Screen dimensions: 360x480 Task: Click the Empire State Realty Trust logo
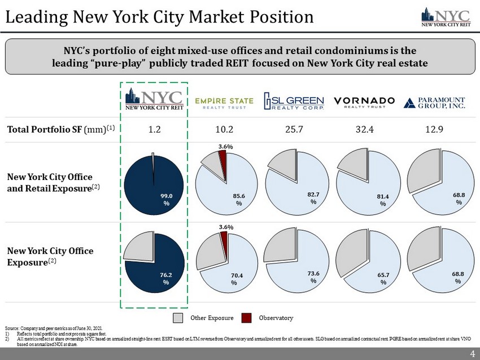[x=224, y=102]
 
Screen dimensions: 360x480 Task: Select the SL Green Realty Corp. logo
[x=295, y=102]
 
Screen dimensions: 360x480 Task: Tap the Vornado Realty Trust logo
[x=364, y=102]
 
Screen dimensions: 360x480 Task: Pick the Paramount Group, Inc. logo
[x=434, y=102]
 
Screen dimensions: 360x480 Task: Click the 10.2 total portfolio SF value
[x=224, y=129]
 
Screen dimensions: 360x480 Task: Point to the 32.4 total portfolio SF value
[x=364, y=129]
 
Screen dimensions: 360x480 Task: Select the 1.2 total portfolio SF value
[x=154, y=129]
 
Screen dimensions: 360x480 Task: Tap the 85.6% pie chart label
[x=239, y=199]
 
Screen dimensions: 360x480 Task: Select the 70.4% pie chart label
[x=234, y=279]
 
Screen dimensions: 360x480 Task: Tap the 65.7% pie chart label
[x=383, y=278]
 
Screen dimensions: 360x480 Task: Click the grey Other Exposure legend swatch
[x=178, y=318]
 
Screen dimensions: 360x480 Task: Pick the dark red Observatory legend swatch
[x=246, y=318]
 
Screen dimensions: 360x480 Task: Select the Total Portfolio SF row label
[x=61, y=129]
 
